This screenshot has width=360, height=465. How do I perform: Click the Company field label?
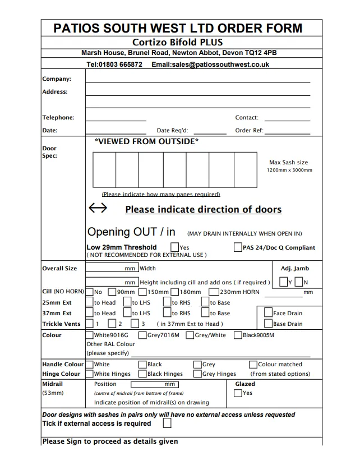(57, 79)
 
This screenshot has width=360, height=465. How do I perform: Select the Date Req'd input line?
(210, 131)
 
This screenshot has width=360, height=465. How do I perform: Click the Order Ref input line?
(287, 131)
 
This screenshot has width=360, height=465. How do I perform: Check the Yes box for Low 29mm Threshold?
(175, 247)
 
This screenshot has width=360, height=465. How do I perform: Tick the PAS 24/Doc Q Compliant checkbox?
(238, 247)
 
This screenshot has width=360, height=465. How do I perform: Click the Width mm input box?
(112, 269)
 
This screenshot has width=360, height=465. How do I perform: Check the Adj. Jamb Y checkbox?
(284, 282)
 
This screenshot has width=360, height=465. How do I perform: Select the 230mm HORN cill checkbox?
(214, 292)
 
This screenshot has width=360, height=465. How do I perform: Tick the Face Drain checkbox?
(269, 313)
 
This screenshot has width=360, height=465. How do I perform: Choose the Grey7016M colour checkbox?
(143, 335)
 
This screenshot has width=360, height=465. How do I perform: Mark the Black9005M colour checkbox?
(238, 335)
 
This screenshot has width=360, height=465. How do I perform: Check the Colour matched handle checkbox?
(254, 364)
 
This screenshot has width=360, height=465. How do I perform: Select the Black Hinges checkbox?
(143, 374)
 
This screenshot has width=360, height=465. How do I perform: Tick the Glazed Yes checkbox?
(238, 393)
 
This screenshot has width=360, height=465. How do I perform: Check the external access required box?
(167, 423)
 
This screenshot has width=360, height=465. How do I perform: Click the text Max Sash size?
(288, 163)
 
